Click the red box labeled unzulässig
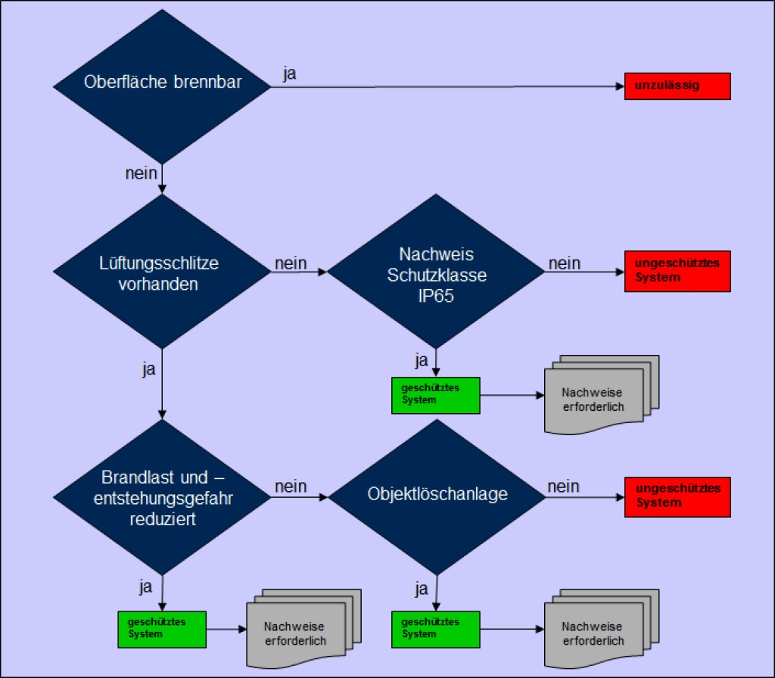677,86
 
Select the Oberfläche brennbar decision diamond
163,83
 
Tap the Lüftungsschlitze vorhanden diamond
163,272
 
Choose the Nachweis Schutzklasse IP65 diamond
437,272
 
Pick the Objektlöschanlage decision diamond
437,495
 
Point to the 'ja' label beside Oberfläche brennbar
290,74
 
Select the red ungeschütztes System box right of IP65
677,271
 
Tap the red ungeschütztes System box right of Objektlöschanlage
677,496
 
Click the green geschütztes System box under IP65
435,395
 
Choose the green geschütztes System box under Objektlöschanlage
435,628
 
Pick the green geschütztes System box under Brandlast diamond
162,628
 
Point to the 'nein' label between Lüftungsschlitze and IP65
291,263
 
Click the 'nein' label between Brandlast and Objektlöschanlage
291,487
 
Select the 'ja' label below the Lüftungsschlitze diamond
149,369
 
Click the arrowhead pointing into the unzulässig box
620,86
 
